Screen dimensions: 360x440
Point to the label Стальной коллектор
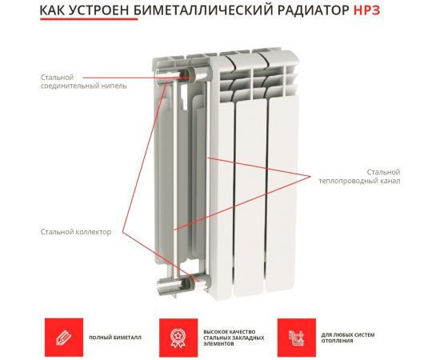pos(76,231)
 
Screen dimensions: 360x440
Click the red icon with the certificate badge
pos(171,331)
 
